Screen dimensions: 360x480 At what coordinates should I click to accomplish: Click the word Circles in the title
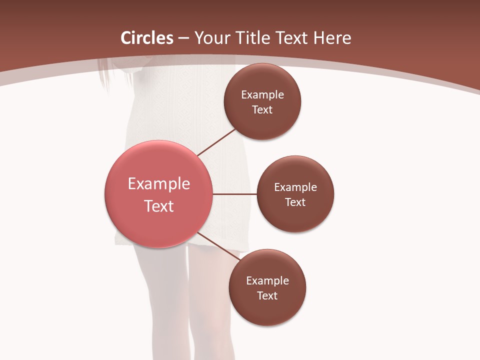[x=146, y=38]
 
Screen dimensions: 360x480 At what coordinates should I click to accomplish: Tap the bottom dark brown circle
[x=267, y=310]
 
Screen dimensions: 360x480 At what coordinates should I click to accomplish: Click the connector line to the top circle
[x=216, y=142]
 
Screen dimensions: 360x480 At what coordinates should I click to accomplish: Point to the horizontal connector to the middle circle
[x=234, y=194]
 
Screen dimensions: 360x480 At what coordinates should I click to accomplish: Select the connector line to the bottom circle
[x=219, y=247]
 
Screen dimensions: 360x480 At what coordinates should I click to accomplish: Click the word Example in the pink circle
[x=159, y=183]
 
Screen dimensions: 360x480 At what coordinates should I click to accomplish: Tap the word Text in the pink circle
[x=159, y=206]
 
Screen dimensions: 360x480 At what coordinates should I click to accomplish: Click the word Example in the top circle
[x=262, y=94]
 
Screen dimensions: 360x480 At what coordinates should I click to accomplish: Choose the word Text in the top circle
[x=262, y=109]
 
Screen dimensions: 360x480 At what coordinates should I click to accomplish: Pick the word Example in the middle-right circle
[x=295, y=187]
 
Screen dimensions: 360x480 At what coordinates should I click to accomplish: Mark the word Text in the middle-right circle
[x=295, y=202]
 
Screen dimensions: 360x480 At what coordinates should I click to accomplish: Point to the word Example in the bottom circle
[x=267, y=280]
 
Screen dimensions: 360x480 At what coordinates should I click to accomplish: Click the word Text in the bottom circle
[x=267, y=295]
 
